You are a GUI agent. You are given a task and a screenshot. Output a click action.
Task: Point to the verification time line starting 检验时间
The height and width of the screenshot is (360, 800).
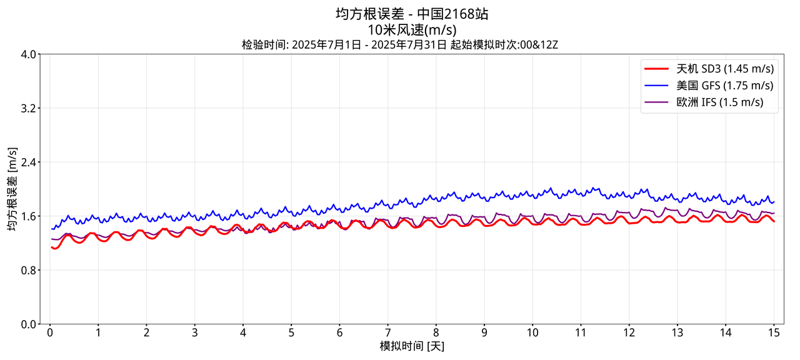399,44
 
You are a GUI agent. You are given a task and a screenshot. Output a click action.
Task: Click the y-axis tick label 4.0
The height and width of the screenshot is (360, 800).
27,54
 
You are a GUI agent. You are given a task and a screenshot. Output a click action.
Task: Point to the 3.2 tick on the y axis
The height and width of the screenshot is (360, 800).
27,108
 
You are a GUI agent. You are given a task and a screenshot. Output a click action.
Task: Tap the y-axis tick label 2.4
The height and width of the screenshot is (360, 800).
27,162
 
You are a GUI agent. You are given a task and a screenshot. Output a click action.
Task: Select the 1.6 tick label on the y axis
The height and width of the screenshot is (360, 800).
27,216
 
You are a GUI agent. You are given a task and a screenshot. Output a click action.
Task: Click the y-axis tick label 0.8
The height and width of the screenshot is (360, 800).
27,270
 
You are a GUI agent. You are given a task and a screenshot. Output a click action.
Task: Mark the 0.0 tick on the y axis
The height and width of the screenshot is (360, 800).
27,324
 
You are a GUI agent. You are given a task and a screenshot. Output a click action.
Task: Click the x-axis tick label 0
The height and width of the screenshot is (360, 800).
50,332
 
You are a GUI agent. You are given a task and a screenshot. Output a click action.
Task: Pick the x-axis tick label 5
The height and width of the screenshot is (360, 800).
291,332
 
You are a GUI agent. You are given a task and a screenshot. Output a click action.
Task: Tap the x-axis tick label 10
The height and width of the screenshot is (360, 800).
532,332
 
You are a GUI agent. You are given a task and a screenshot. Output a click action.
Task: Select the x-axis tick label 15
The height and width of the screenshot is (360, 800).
773,332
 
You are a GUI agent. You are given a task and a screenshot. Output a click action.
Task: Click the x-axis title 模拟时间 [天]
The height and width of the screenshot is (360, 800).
412,346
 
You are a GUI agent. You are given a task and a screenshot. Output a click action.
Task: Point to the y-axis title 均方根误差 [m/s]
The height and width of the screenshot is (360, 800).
12,189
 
